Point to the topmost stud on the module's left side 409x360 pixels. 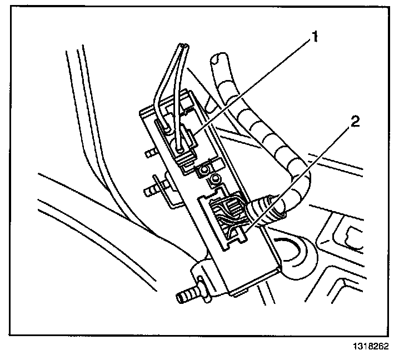coord(149,152)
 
